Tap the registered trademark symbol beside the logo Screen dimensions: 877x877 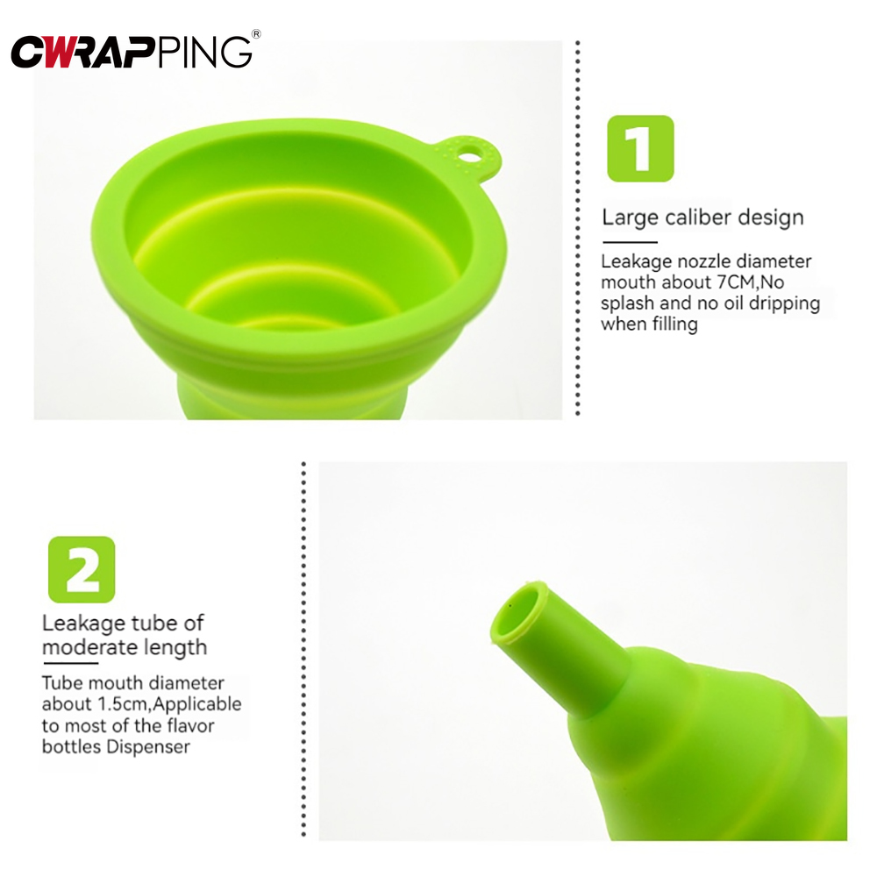256,34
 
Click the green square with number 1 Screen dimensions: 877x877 640,148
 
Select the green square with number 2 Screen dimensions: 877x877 82,569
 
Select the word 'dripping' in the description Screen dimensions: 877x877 782,303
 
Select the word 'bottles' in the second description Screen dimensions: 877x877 70,746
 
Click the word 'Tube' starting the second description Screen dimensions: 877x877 60,683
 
